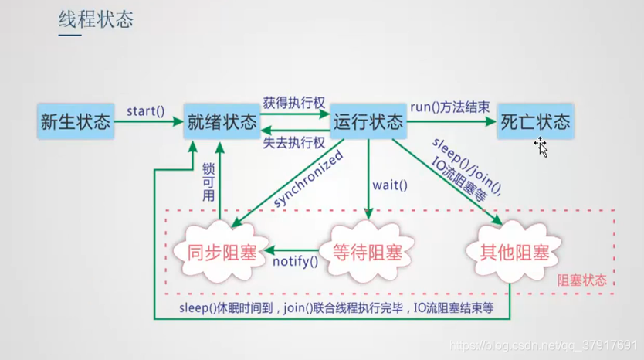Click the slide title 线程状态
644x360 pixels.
(x=96, y=19)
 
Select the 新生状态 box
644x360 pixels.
(x=76, y=121)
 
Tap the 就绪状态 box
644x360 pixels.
(x=222, y=121)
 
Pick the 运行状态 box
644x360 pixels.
(x=368, y=121)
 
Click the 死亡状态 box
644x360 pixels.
(x=534, y=121)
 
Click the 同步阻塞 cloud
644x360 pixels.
(x=224, y=252)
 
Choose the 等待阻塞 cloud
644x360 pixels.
(x=368, y=252)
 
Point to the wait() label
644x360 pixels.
(x=389, y=185)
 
